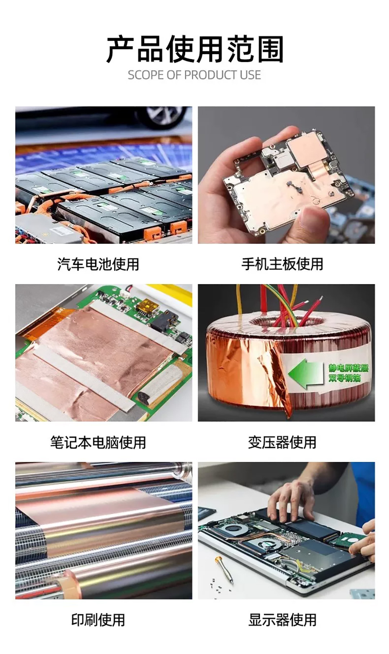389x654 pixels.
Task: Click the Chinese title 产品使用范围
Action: coord(194,49)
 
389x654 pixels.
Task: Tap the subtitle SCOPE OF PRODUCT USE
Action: coord(194,75)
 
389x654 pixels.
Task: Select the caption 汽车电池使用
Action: coord(98,264)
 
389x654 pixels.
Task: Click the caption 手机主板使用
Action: coord(282,264)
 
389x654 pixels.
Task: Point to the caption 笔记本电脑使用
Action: coord(98,442)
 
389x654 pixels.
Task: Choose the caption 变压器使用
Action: coord(282,442)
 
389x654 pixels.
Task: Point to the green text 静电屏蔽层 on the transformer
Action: coord(348,368)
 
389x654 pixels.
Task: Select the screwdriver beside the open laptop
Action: coord(224,569)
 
